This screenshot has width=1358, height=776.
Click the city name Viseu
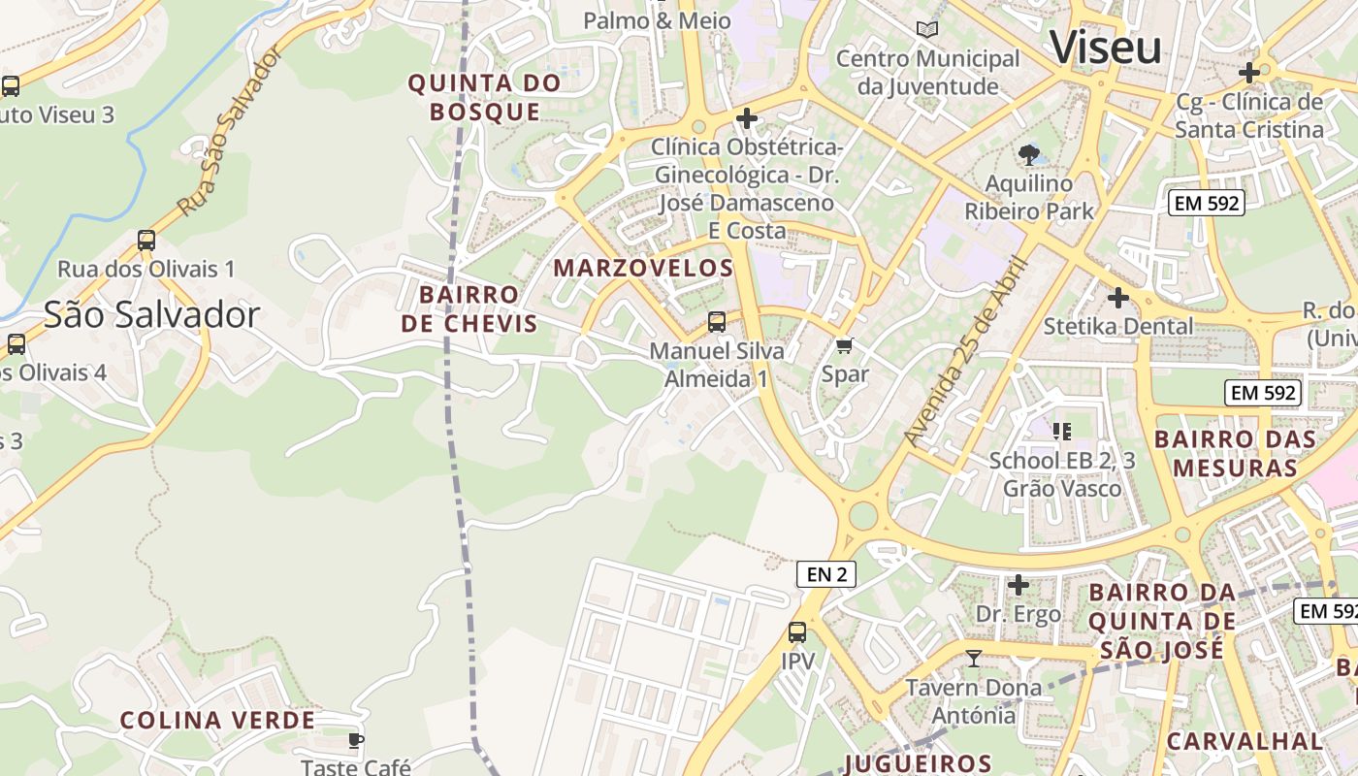pyautogui.click(x=1105, y=48)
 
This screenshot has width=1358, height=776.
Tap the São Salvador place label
pyautogui.click(x=151, y=314)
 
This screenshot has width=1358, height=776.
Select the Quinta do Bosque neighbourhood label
pyautogui.click(x=484, y=97)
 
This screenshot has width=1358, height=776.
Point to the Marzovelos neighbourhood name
pyautogui.click(x=643, y=268)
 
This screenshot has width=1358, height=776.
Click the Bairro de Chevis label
pyautogui.click(x=469, y=308)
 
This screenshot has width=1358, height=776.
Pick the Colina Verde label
pyautogui.click(x=217, y=720)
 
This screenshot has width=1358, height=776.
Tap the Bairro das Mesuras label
pyautogui.click(x=1235, y=453)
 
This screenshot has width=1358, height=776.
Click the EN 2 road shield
pyautogui.click(x=826, y=574)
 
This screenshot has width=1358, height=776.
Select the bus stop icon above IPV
pyautogui.click(x=797, y=632)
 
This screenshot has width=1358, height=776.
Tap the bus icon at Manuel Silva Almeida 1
pyautogui.click(x=717, y=321)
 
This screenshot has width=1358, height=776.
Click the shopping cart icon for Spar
pyautogui.click(x=845, y=345)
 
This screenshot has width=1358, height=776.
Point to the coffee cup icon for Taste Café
pyautogui.click(x=356, y=740)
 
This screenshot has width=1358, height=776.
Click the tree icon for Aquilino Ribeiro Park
pyautogui.click(x=1028, y=154)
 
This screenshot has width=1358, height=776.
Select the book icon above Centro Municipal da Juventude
pyautogui.click(x=927, y=30)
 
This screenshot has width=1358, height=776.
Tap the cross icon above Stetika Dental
pyautogui.click(x=1118, y=298)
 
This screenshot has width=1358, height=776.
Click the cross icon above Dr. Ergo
pyautogui.click(x=1018, y=585)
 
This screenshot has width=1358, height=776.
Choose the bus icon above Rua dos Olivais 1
pyautogui.click(x=146, y=240)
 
